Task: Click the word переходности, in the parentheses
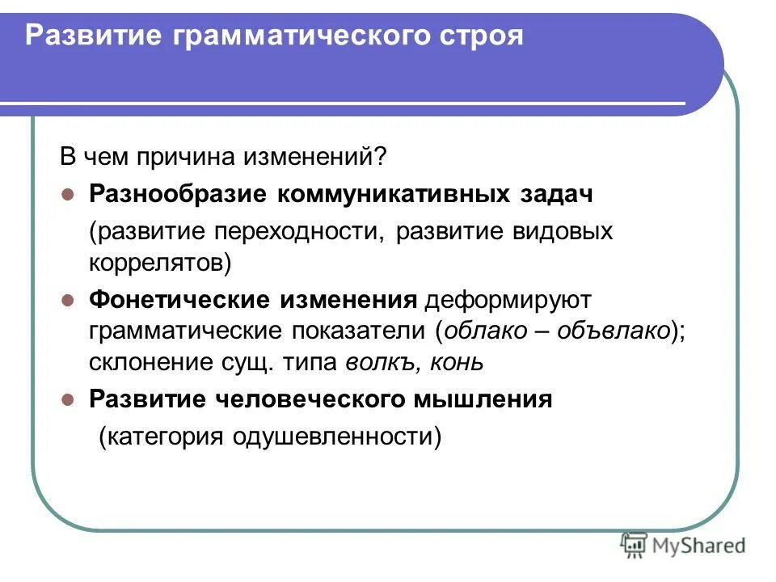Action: click(297, 232)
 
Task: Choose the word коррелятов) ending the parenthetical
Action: click(160, 262)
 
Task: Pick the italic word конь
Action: click(459, 361)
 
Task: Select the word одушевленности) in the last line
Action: click(337, 437)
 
